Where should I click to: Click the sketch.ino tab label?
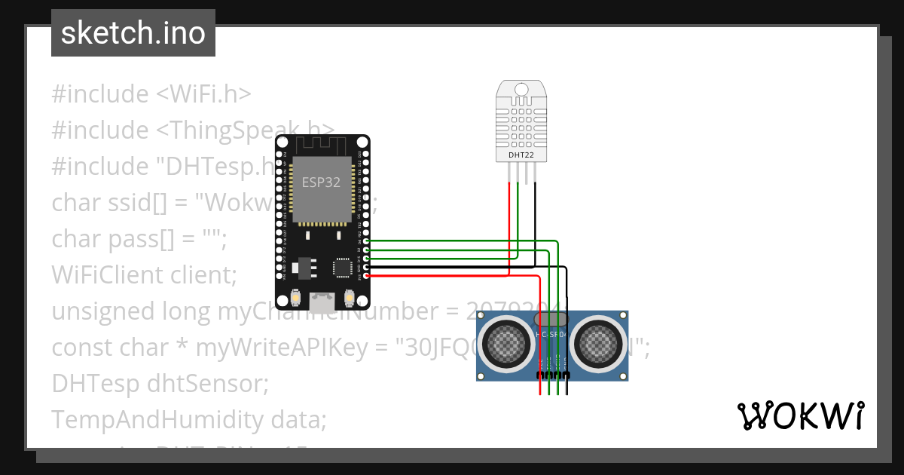click(x=133, y=33)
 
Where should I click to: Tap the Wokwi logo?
click(x=800, y=416)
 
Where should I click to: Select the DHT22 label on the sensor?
click(x=521, y=155)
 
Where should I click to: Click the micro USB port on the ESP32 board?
click(x=322, y=302)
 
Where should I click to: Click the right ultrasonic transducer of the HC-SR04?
click(x=597, y=344)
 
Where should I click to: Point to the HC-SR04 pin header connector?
click(x=553, y=375)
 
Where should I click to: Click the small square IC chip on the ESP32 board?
click(x=343, y=267)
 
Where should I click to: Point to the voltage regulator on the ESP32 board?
click(x=304, y=267)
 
